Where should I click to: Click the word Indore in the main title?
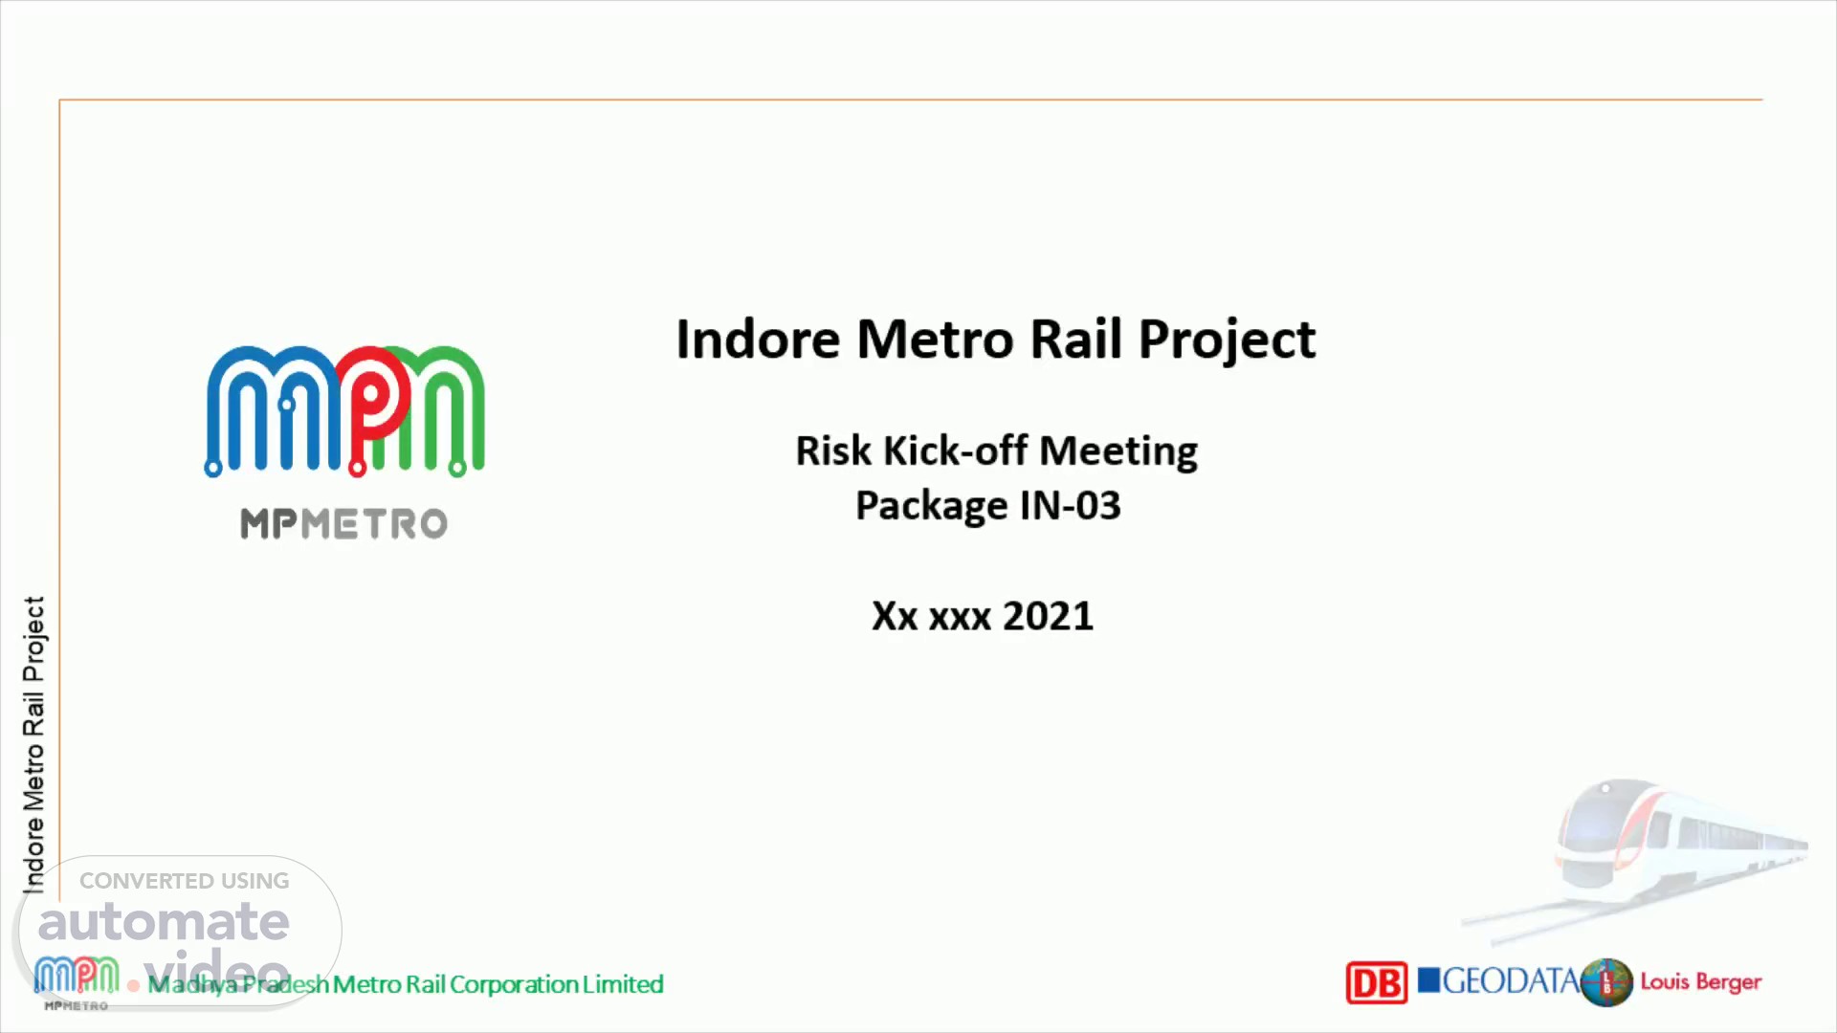tap(758, 339)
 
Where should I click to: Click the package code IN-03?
tap(1070, 505)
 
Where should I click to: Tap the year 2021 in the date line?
tap(1048, 615)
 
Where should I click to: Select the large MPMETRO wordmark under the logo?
tap(343, 523)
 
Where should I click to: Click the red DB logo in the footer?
tap(1376, 982)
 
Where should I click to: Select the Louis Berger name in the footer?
tap(1700, 982)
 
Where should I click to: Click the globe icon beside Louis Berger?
tap(1606, 982)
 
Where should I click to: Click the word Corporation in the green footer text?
tap(515, 984)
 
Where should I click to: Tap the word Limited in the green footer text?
tap(624, 983)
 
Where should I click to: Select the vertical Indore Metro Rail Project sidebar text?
tap(34, 745)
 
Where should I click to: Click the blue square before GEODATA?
tap(1428, 980)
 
